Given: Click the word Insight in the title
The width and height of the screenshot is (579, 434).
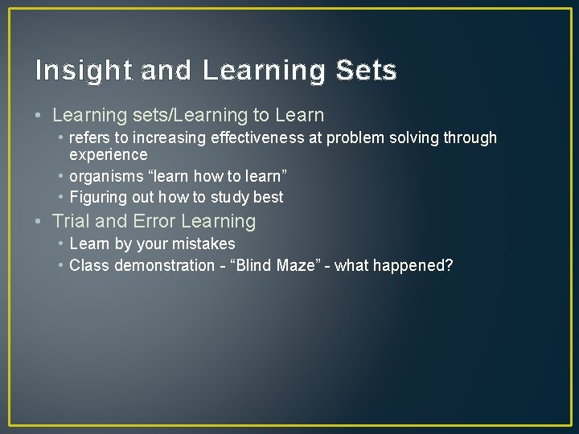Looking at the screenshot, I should coord(84,71).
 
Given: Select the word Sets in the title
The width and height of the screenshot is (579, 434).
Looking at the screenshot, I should coord(366,71).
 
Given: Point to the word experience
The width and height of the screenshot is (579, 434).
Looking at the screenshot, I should coord(109,154).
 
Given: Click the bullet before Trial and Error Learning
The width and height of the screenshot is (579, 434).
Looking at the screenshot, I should coord(41,221).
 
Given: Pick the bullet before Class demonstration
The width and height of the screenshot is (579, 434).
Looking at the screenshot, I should coord(61,265).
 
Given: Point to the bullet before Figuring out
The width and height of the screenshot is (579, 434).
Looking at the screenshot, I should coord(61,197).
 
